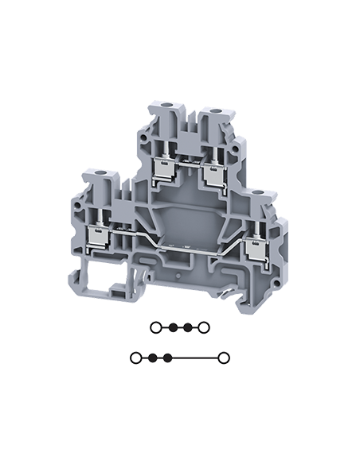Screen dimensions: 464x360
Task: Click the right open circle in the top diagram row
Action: (205, 327)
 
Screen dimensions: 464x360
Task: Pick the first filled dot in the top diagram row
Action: (171, 327)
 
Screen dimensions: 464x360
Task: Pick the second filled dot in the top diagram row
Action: (188, 327)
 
